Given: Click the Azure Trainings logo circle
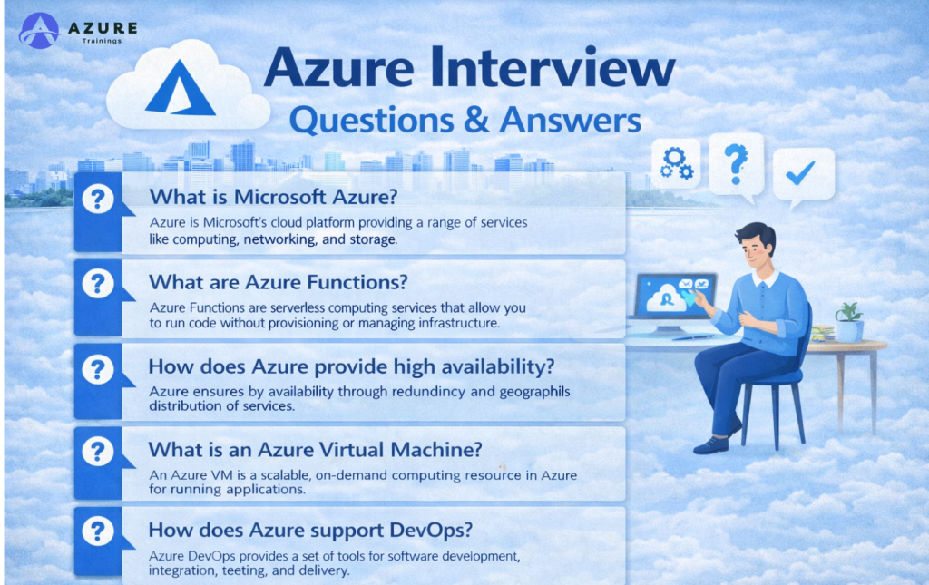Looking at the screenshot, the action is (x=39, y=30).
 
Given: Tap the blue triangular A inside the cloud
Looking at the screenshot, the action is (x=181, y=88).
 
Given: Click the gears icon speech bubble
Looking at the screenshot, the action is (x=676, y=163).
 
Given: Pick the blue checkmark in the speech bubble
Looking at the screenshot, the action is (x=800, y=173).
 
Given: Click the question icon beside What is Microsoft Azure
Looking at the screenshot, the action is (x=98, y=199).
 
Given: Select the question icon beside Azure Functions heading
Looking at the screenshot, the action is (x=98, y=284).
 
